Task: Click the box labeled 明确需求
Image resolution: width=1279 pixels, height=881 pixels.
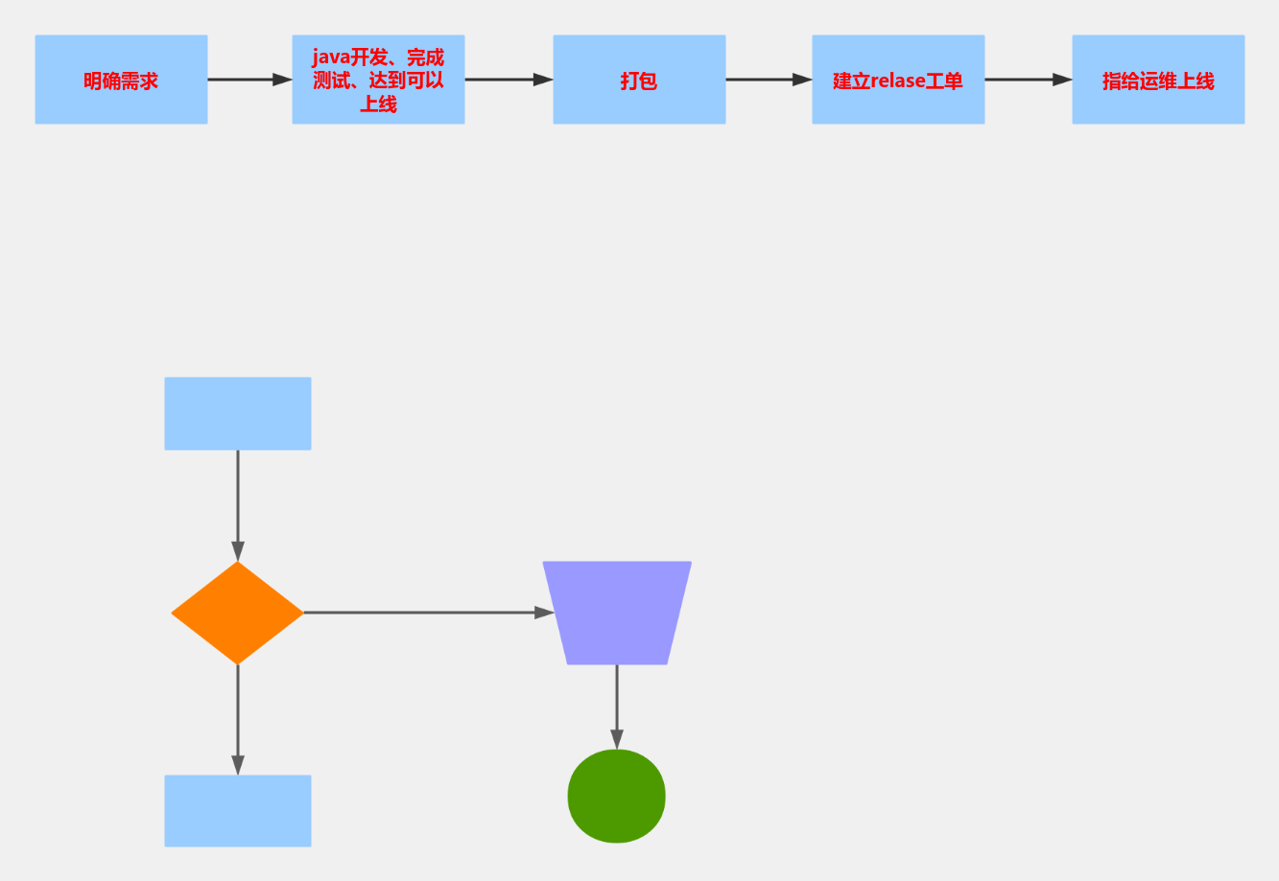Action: click(121, 81)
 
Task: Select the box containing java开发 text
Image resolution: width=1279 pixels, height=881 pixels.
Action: click(378, 81)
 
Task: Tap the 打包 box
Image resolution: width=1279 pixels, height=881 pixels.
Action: click(639, 81)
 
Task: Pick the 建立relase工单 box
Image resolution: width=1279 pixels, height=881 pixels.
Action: click(898, 81)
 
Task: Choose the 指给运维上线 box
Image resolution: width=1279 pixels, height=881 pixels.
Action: click(1158, 81)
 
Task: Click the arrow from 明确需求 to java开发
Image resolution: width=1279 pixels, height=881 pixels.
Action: click(249, 80)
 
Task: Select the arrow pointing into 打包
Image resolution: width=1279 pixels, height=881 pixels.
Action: click(509, 80)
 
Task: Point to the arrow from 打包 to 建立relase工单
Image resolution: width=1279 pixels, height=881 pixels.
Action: click(769, 80)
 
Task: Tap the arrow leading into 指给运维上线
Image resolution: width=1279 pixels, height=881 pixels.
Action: click(1028, 80)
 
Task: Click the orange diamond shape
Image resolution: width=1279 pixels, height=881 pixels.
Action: click(237, 613)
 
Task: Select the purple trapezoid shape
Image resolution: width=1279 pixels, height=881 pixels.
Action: click(617, 613)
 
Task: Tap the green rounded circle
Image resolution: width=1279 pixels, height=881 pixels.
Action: click(617, 797)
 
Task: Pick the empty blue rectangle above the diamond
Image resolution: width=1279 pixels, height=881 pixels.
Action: click(238, 413)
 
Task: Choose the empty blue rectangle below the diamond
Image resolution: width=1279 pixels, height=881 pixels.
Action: click(238, 811)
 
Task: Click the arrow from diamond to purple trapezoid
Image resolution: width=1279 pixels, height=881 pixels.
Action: click(427, 613)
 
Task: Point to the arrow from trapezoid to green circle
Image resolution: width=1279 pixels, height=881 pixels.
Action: click(617, 707)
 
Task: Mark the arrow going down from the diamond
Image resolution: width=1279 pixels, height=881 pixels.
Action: click(238, 719)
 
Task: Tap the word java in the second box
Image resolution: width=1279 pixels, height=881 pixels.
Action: click(331, 58)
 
